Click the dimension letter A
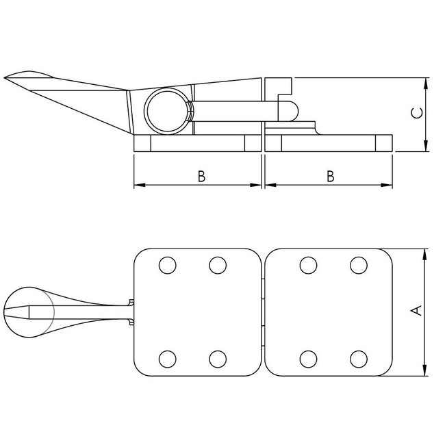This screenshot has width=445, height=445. pyautogui.click(x=414, y=311)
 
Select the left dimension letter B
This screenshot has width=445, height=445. pyautogui.click(x=201, y=176)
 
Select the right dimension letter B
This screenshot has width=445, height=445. pyautogui.click(x=330, y=176)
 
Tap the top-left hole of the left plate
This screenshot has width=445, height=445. pyautogui.click(x=166, y=265)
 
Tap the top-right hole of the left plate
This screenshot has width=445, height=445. pyautogui.click(x=218, y=265)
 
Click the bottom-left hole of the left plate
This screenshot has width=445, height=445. pyautogui.click(x=166, y=358)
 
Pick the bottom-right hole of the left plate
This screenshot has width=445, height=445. pyautogui.click(x=218, y=358)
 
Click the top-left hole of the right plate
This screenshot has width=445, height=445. pyautogui.click(x=308, y=265)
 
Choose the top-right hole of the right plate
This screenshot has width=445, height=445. pyautogui.click(x=359, y=265)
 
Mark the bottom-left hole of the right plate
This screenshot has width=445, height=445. pyautogui.click(x=308, y=358)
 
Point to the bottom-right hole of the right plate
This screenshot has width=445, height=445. pyautogui.click(x=359, y=358)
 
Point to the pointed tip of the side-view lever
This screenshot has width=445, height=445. pyautogui.click(x=6, y=77)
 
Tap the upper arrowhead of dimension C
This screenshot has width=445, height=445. pyautogui.click(x=426, y=83)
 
